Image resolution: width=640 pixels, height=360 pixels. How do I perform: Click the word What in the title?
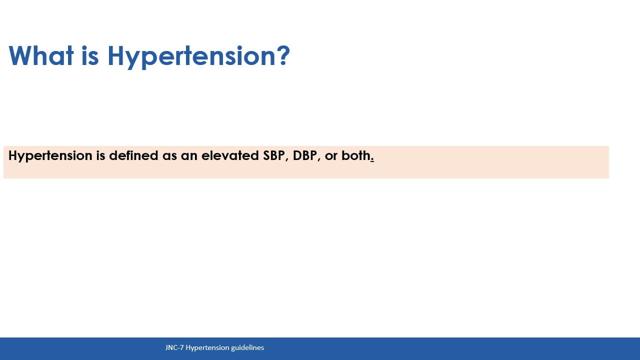tap(41, 55)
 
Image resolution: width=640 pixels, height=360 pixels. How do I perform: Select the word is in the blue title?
tap(90, 55)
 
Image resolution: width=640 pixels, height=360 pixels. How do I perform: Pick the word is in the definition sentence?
tap(100, 155)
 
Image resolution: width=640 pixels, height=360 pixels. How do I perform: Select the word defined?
tap(133, 155)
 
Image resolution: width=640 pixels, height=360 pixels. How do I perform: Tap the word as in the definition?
tap(169, 157)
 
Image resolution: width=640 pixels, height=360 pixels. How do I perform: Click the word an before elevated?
tap(189, 157)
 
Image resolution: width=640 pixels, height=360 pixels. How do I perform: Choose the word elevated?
tap(230, 155)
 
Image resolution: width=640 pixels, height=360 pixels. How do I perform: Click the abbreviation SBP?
tap(273, 155)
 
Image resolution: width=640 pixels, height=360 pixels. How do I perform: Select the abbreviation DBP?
tap(305, 155)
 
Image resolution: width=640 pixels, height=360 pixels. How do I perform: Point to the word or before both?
tap(331, 157)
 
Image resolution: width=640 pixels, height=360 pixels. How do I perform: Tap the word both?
tap(356, 155)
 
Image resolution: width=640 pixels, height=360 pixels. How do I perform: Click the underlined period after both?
tap(372, 159)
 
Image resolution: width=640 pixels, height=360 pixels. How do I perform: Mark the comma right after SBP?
tap(287, 160)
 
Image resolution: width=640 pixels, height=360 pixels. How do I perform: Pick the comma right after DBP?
tap(319, 160)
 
